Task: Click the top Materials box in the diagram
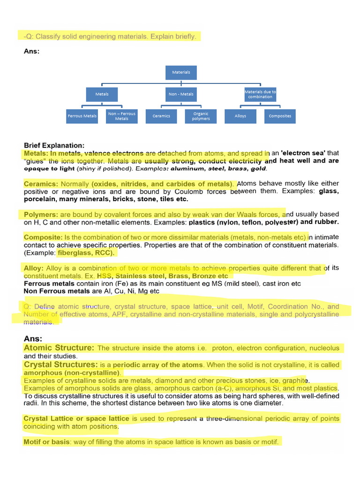pyautogui.click(x=181, y=72)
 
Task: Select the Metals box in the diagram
pyautogui.click(x=102, y=94)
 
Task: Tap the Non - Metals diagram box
pyautogui.click(x=181, y=94)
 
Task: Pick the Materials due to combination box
pyautogui.click(x=260, y=94)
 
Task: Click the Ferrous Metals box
pyautogui.click(x=82, y=116)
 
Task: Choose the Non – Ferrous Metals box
pyautogui.click(x=121, y=116)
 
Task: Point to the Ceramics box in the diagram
pyautogui.click(x=161, y=116)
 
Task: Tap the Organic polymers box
pyautogui.click(x=201, y=116)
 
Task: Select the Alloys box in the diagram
pyautogui.click(x=240, y=116)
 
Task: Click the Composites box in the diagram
pyautogui.click(x=280, y=116)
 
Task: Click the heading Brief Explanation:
pyautogui.click(x=54, y=145)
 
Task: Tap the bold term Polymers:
pyautogui.click(x=41, y=214)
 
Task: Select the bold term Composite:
pyautogui.click(x=43, y=237)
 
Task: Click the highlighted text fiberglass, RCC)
pyautogui.click(x=86, y=253)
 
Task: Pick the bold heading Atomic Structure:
pyautogui.click(x=59, y=348)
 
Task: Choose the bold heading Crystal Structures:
pyautogui.click(x=61, y=364)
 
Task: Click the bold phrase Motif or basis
pyautogui.click(x=46, y=442)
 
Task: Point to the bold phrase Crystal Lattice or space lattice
pyautogui.click(x=76, y=419)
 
